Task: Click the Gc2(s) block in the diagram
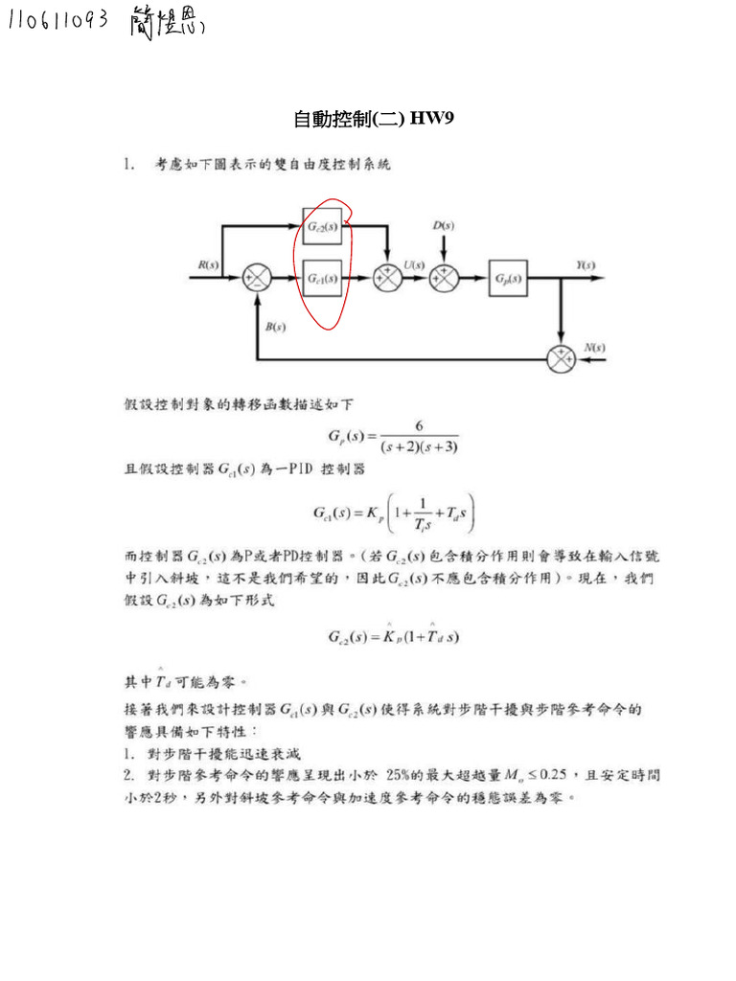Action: (x=322, y=227)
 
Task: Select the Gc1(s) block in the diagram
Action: (x=322, y=279)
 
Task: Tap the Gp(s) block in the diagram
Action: (x=508, y=279)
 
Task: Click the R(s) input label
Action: (x=208, y=263)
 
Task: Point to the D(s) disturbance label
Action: (x=443, y=225)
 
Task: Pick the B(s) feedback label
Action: (x=275, y=327)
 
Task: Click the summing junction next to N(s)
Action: (x=560, y=359)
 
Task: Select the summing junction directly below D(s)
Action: (x=444, y=279)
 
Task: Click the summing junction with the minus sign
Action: (x=257, y=279)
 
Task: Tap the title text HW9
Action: (x=432, y=120)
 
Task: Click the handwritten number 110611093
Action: (x=57, y=22)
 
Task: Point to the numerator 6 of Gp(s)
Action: (x=419, y=426)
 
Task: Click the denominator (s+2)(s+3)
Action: (x=419, y=446)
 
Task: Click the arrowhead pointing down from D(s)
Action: (x=444, y=258)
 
